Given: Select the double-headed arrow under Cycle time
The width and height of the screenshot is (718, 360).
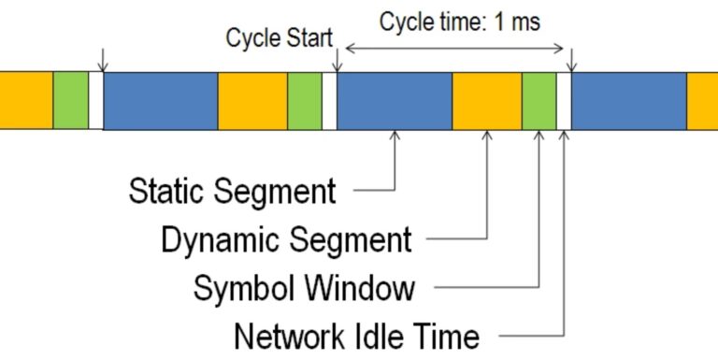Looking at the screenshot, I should pos(454,47).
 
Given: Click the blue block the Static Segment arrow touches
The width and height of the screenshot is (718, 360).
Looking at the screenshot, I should pos(395,101).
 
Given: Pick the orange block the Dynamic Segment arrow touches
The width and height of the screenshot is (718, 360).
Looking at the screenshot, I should pos(486,101).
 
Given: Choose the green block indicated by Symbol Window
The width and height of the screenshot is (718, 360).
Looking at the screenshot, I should pos(539,101).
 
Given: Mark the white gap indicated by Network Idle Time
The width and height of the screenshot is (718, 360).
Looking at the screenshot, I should pos(564,101).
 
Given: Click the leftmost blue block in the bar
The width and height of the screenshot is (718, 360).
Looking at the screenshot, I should pos(160,101).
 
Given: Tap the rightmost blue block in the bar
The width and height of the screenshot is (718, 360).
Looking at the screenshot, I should pos(628,101).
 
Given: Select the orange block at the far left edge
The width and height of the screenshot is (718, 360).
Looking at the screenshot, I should pos(26,101).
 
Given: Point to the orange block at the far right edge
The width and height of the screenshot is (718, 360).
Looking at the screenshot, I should pos(702,101).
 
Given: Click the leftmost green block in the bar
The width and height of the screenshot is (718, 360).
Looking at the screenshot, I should pos(70,101).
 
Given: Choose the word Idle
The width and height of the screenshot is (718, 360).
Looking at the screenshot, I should pos(386,336).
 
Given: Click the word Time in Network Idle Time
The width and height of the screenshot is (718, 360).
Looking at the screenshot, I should pos(449,336).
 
